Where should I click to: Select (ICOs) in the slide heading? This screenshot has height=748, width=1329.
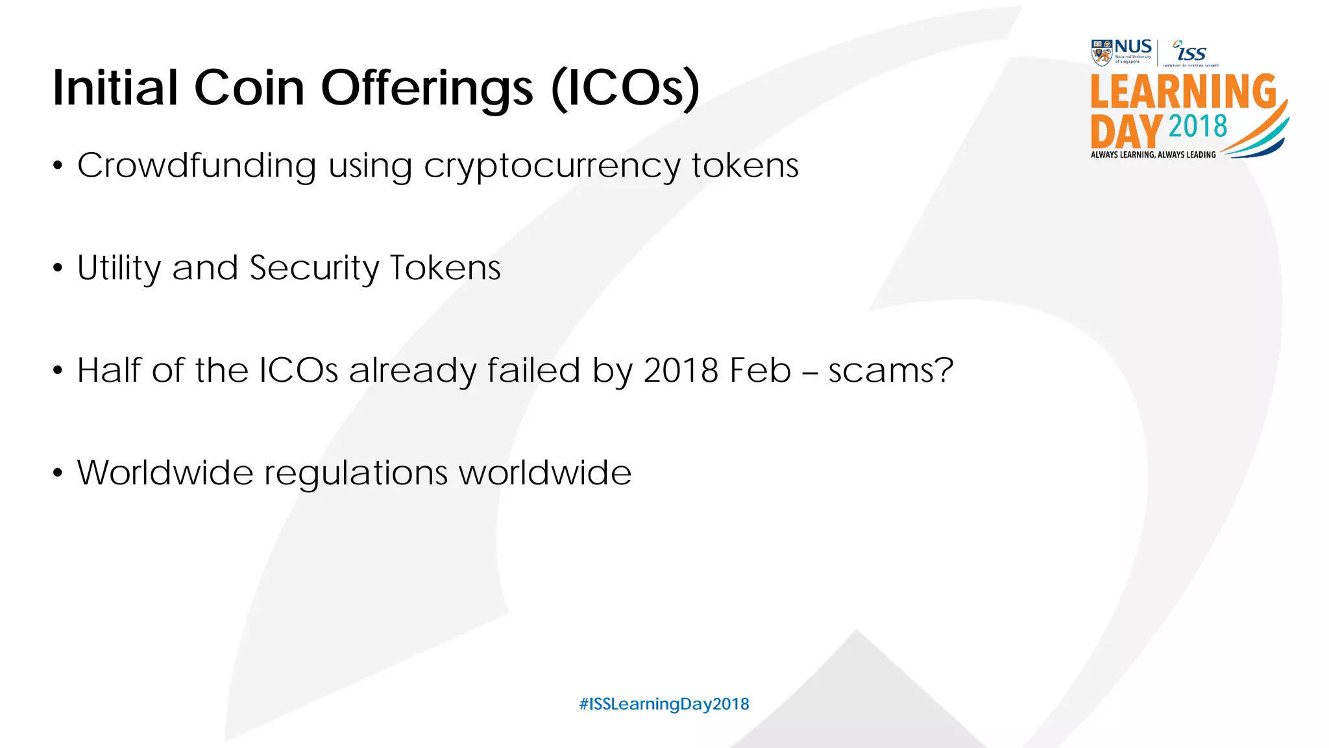click(626, 89)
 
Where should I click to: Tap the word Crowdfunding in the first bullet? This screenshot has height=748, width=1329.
click(197, 166)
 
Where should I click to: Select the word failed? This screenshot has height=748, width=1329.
click(533, 370)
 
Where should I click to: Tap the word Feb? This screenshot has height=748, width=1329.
click(760, 370)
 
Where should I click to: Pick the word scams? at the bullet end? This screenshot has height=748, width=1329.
click(891, 370)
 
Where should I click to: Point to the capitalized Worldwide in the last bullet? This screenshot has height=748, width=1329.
click(165, 472)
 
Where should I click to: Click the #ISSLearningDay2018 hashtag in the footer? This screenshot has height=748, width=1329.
click(664, 704)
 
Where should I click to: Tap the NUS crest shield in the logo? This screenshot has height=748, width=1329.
click(1102, 53)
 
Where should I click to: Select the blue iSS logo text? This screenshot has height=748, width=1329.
click(1191, 52)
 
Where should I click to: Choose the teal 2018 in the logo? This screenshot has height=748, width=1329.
click(1198, 126)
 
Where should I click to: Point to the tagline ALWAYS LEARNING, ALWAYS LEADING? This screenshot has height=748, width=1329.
click(1153, 155)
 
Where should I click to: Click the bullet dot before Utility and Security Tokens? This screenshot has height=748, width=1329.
click(58, 268)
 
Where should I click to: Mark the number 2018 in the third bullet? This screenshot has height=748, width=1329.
click(681, 370)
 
